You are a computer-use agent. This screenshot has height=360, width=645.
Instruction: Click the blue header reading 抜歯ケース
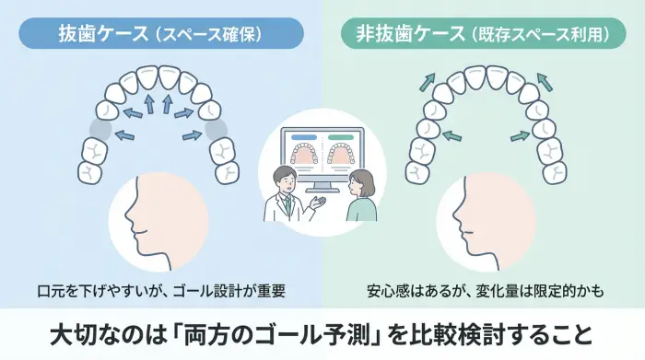click(x=162, y=34)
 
